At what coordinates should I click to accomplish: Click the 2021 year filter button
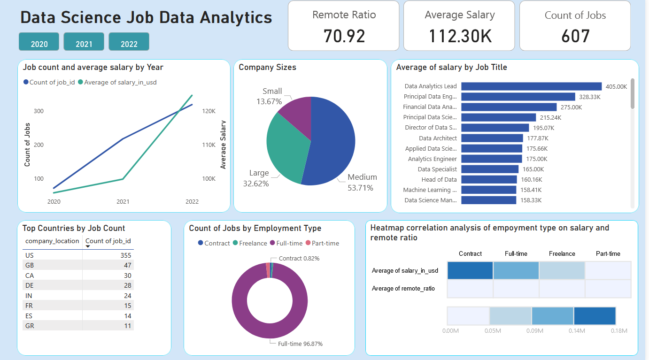click(84, 42)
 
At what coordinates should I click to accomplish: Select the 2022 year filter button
click(129, 42)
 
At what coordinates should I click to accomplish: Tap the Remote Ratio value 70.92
click(344, 36)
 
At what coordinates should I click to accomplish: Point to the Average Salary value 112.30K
click(460, 36)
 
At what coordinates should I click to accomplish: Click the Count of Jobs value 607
click(575, 36)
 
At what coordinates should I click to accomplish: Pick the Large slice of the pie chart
click(286, 150)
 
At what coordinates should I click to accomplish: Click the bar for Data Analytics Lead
click(531, 86)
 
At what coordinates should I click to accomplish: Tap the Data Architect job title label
click(438, 138)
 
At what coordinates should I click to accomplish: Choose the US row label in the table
click(29, 255)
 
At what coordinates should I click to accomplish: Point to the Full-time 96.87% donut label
click(300, 344)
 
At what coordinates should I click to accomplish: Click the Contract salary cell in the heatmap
click(470, 270)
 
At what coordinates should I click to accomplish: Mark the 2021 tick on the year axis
click(123, 201)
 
